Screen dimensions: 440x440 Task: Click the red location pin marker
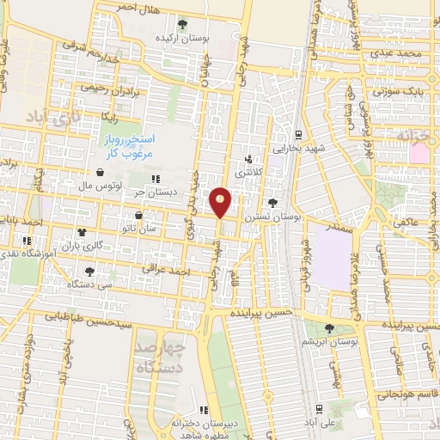coord(221,201)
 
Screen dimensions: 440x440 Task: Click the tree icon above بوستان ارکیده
coord(180,24)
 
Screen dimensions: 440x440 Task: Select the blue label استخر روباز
coord(125,140)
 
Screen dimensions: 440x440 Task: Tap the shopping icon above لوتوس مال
coord(102,172)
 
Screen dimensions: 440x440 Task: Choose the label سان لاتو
coord(138,229)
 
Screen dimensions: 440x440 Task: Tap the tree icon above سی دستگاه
coord(89,272)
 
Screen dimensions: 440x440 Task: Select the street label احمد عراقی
coord(167,271)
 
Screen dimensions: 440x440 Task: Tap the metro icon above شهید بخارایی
coord(297,134)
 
